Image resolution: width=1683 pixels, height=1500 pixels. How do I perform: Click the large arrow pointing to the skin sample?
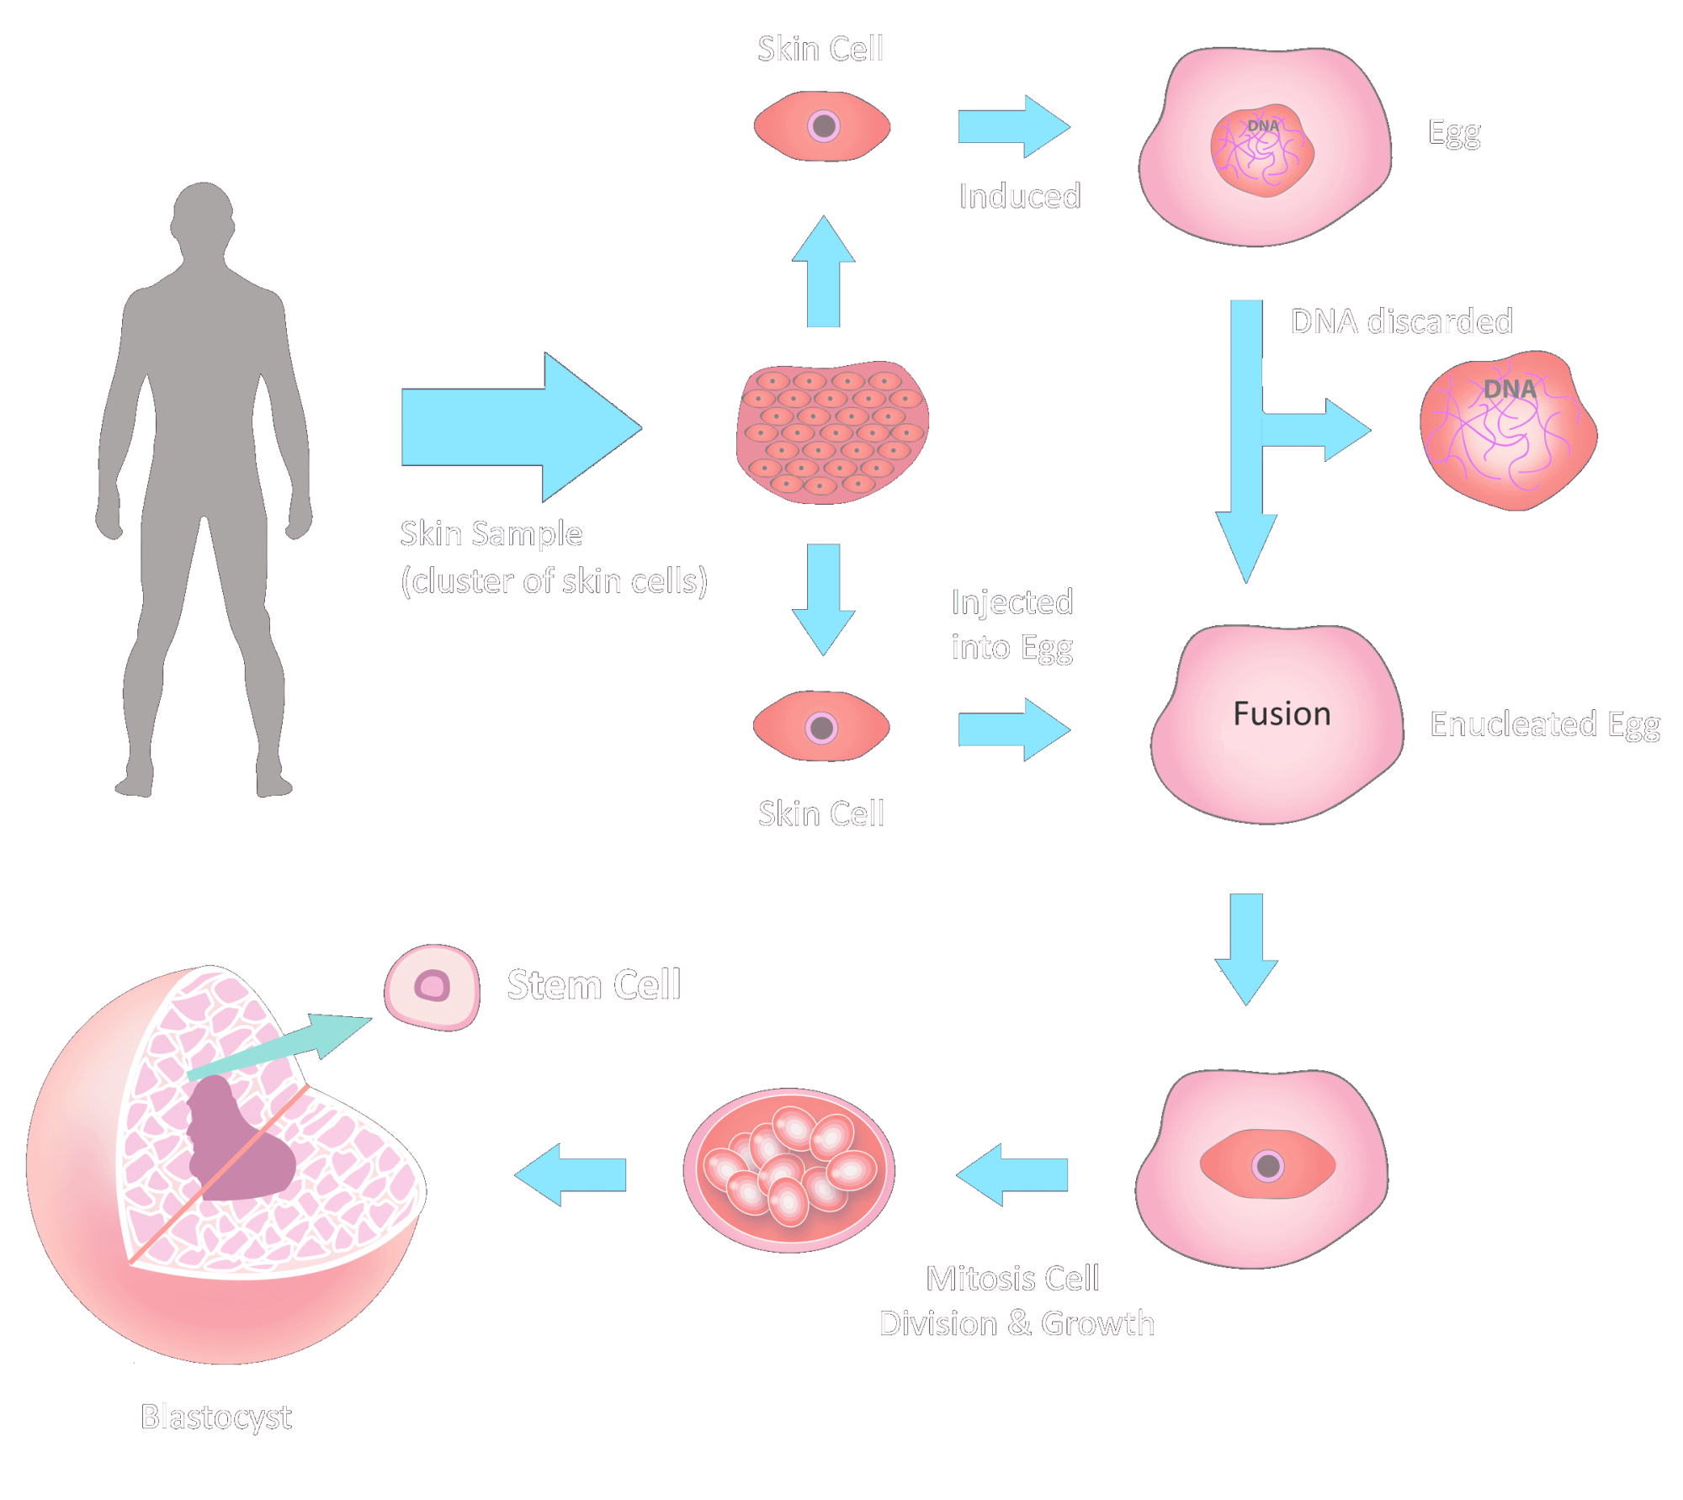tap(513, 427)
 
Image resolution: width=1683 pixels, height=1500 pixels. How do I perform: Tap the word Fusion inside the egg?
tap(1281, 714)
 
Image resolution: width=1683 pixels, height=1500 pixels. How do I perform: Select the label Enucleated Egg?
tap(1544, 724)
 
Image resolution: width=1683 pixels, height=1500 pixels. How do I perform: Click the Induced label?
tap(1019, 196)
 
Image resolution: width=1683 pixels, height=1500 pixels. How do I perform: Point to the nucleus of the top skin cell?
tap(823, 126)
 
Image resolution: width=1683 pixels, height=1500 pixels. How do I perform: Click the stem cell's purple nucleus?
tap(433, 986)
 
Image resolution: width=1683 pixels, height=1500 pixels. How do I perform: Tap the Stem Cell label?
tap(593, 984)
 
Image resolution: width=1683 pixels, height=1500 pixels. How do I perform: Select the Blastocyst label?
tap(216, 1417)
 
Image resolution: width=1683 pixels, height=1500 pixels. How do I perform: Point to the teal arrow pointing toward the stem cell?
tap(286, 1047)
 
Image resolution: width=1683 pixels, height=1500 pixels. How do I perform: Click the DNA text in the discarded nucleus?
tap(1509, 390)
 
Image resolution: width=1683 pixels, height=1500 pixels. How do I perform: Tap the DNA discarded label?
tap(1401, 321)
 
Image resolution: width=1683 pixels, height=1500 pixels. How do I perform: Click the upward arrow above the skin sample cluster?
tap(823, 273)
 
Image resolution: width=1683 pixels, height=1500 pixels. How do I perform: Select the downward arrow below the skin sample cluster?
tap(823, 597)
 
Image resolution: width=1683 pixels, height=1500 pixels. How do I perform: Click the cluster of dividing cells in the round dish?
tap(789, 1169)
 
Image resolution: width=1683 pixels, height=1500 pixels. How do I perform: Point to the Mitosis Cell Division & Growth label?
tap(1016, 1301)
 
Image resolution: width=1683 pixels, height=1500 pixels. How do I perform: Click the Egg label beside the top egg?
tap(1454, 133)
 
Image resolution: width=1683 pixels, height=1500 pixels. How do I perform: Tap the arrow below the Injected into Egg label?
tap(1013, 729)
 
